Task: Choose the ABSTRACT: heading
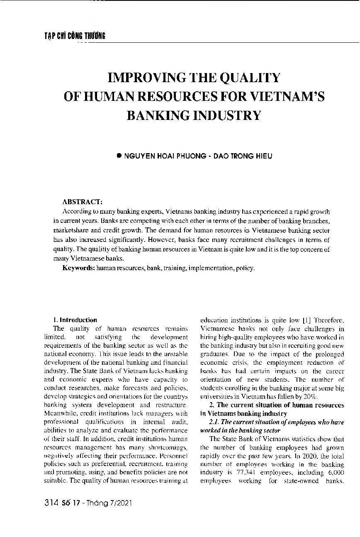pyautogui.click(x=83, y=202)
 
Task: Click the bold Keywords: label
pyautogui.click(x=78, y=268)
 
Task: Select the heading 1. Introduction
pyautogui.click(x=75, y=320)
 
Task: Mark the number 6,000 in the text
pyautogui.click(x=335, y=473)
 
